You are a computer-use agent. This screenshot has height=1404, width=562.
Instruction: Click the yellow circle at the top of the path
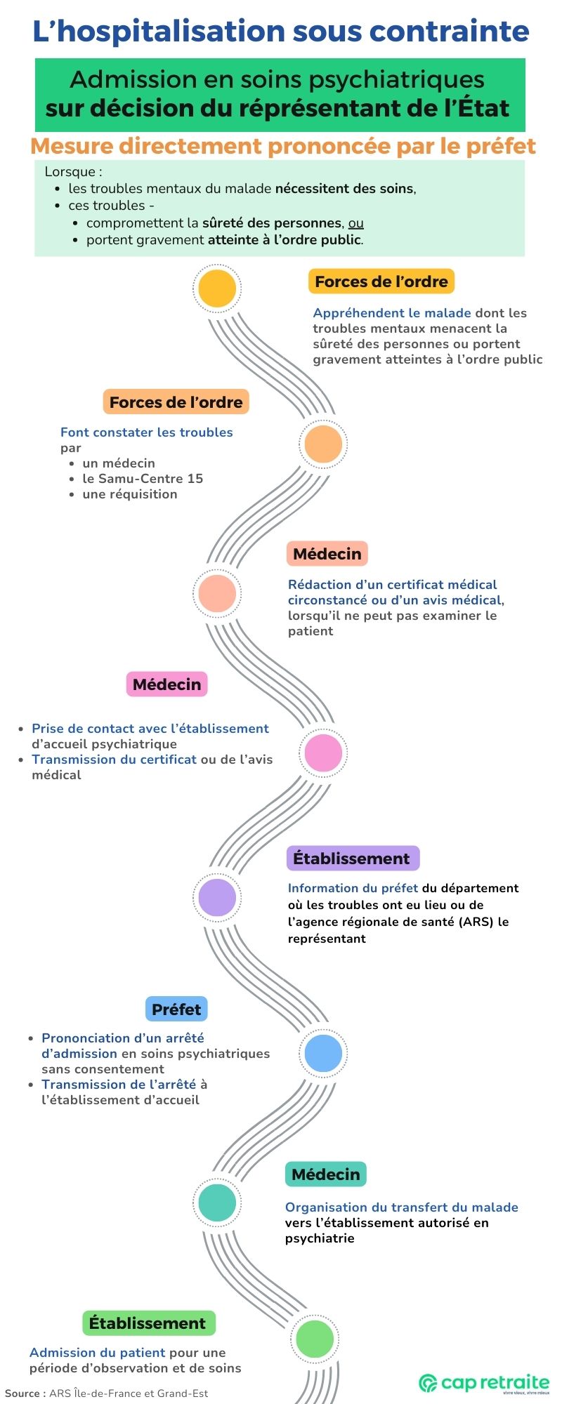click(217, 289)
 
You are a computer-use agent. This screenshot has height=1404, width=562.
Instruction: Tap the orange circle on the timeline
click(323, 444)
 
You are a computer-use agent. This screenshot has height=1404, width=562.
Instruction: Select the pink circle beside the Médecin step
click(323, 753)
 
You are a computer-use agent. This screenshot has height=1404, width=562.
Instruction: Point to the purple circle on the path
click(217, 897)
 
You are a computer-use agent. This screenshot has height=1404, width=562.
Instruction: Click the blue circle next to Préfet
click(323, 1053)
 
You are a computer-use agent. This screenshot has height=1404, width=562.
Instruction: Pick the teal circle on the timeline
click(217, 1203)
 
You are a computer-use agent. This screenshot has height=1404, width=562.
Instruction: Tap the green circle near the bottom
click(315, 1338)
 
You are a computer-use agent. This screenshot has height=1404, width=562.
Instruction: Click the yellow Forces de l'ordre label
click(381, 282)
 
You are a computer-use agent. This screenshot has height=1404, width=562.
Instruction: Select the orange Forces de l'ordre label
click(176, 402)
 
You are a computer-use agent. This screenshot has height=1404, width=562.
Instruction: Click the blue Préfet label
click(176, 1009)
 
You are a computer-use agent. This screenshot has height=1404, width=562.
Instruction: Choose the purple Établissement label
click(353, 859)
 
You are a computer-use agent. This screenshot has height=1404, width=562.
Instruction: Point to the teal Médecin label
click(326, 1174)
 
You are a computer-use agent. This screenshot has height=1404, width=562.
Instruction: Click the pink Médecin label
click(167, 684)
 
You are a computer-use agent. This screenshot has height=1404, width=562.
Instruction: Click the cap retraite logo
click(485, 1383)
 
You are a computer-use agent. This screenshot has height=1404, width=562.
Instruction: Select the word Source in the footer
click(21, 1393)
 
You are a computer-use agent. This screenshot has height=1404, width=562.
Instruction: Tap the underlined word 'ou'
click(356, 223)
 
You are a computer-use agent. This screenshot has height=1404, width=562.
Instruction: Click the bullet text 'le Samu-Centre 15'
click(143, 479)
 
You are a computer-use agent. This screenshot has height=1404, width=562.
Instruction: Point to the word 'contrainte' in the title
click(449, 32)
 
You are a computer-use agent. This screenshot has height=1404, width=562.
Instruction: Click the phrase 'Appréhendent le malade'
click(392, 313)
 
